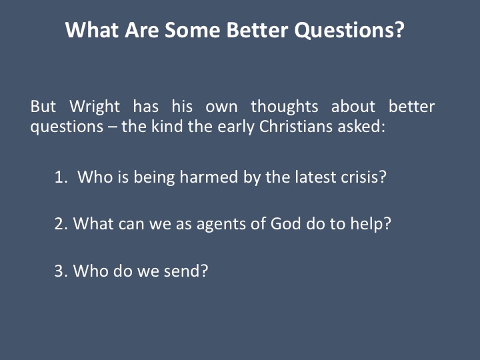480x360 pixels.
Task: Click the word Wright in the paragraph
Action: (95, 107)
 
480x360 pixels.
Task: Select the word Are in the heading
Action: (142, 30)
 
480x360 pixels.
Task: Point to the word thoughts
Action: (285, 107)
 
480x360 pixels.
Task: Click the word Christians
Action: (296, 127)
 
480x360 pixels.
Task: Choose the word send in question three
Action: (186, 271)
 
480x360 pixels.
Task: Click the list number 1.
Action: (61, 177)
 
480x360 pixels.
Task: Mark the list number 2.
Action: (61, 224)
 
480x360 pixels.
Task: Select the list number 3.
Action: (61, 271)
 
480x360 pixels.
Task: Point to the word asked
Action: (361, 127)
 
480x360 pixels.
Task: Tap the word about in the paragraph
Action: (353, 107)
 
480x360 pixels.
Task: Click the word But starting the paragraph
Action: (43, 107)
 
